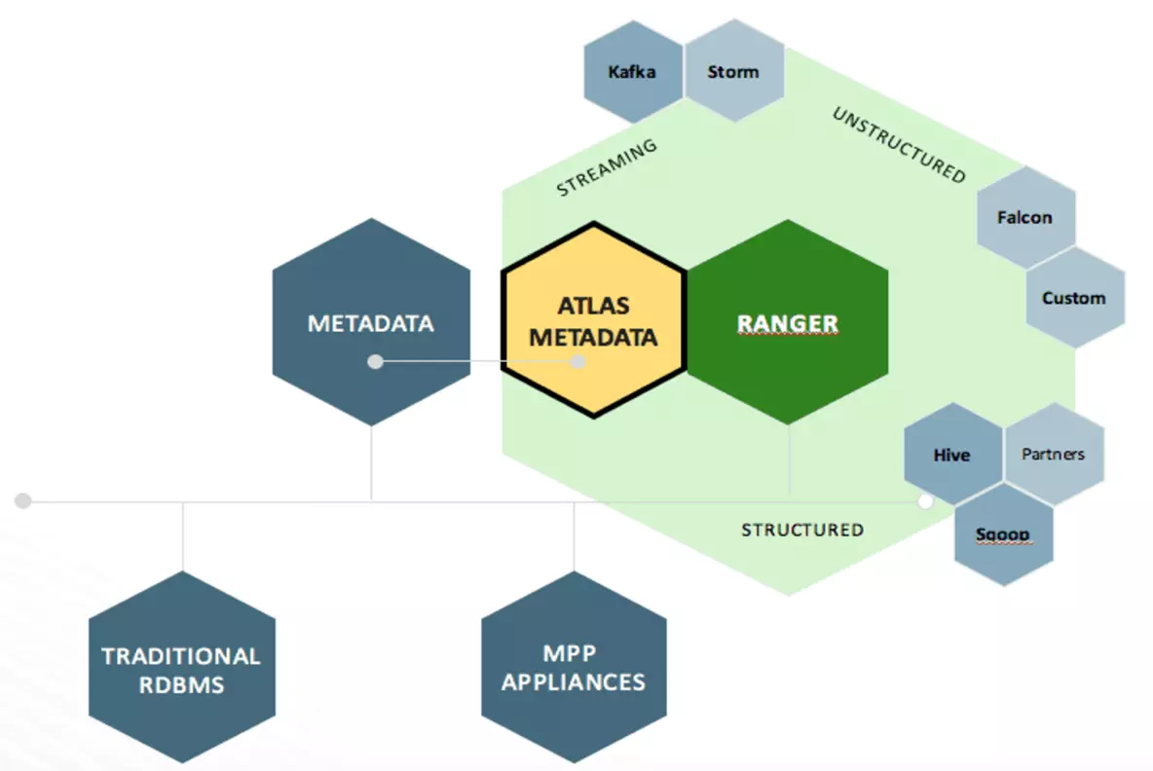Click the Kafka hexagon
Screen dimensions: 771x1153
pyautogui.click(x=632, y=72)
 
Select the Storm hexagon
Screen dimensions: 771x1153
pyautogui.click(x=733, y=72)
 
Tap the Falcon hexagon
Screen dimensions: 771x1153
pyautogui.click(x=1024, y=217)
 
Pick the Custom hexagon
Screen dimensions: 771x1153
pyautogui.click(x=1074, y=298)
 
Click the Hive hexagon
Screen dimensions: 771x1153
pyautogui.click(x=952, y=455)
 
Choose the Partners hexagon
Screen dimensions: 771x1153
pyautogui.click(x=1054, y=454)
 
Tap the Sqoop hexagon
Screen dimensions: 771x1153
pyautogui.click(x=1003, y=535)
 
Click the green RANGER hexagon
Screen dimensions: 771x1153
pyautogui.click(x=788, y=322)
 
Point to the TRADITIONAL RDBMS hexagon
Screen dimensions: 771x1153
pyautogui.click(x=181, y=669)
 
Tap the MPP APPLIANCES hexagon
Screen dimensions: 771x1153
pyautogui.click(x=574, y=669)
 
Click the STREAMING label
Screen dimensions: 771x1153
pyautogui.click(x=607, y=167)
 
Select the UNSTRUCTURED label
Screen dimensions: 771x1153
pyautogui.click(x=898, y=146)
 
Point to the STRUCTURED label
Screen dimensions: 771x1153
pyautogui.click(x=802, y=531)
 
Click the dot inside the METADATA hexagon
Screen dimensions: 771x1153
pyautogui.click(x=375, y=362)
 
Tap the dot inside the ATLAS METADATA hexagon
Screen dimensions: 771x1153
pyautogui.click(x=577, y=362)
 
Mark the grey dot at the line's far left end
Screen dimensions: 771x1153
pyautogui.click(x=23, y=501)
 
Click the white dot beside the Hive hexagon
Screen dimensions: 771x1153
pyautogui.click(x=926, y=501)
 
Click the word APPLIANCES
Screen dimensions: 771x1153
pyautogui.click(x=574, y=682)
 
